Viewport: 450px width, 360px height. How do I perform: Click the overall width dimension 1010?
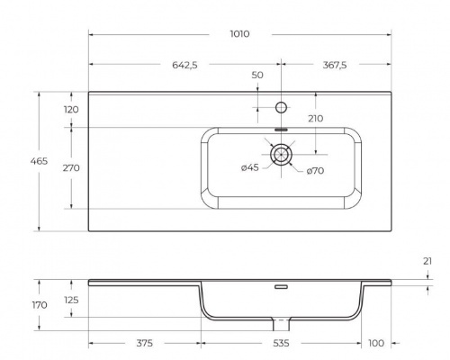pyautogui.click(x=239, y=33)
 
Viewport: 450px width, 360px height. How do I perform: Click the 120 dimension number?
pyautogui.click(x=71, y=109)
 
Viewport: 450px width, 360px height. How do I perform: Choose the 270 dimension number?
pyautogui.click(x=71, y=167)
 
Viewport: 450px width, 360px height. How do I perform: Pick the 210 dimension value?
pyautogui.click(x=314, y=119)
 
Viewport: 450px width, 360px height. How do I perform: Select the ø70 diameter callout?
pyautogui.click(x=315, y=170)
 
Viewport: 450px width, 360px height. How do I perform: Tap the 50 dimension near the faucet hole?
pyautogui.click(x=257, y=76)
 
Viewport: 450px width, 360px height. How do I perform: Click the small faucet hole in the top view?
pyautogui.click(x=282, y=108)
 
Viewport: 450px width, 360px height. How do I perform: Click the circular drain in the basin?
pyautogui.click(x=282, y=154)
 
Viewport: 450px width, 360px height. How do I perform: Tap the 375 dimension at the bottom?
pyautogui.click(x=144, y=343)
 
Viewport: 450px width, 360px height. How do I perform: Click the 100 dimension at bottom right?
pyautogui.click(x=375, y=343)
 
